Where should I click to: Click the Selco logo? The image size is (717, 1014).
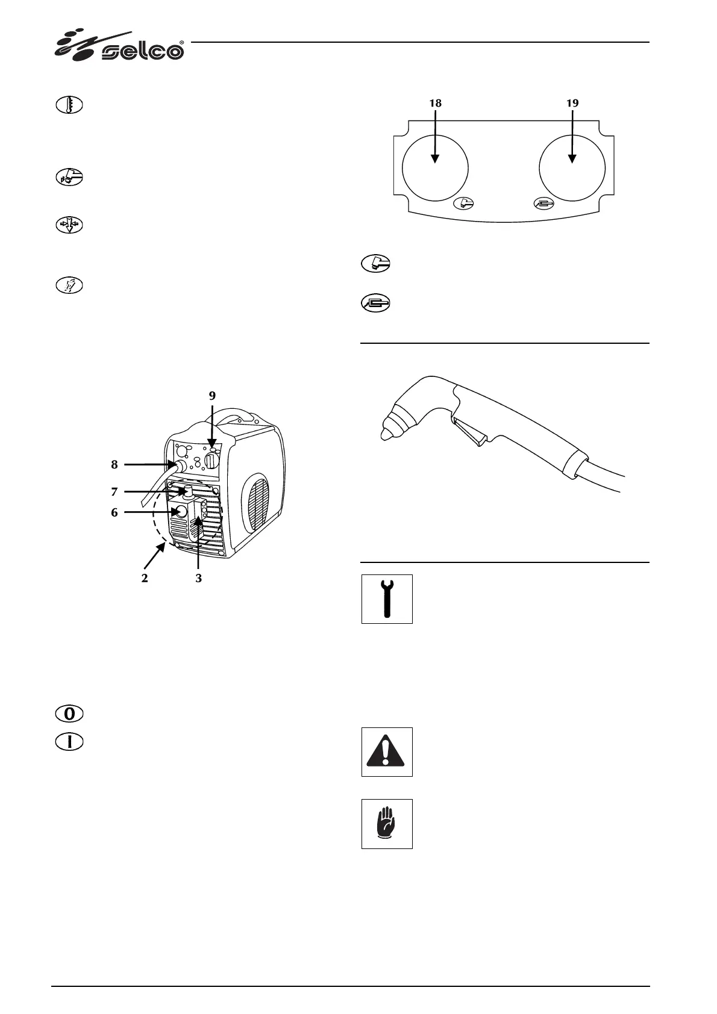121,46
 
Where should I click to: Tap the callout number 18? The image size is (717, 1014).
434,103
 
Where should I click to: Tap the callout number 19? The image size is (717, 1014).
572,103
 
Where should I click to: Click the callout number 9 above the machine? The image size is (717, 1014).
212,396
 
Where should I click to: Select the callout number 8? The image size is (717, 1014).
114,465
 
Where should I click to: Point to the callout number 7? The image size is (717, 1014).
114,491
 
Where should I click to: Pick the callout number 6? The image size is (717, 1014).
114,513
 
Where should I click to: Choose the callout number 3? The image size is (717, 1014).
198,578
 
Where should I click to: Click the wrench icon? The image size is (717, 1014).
387,599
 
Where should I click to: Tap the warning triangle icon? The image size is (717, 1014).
387,751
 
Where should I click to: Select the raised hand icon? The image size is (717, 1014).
387,824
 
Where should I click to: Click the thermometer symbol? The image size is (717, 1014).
69,106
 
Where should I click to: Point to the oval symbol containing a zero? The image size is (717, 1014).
69,714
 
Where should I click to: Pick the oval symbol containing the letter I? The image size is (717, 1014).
69,742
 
